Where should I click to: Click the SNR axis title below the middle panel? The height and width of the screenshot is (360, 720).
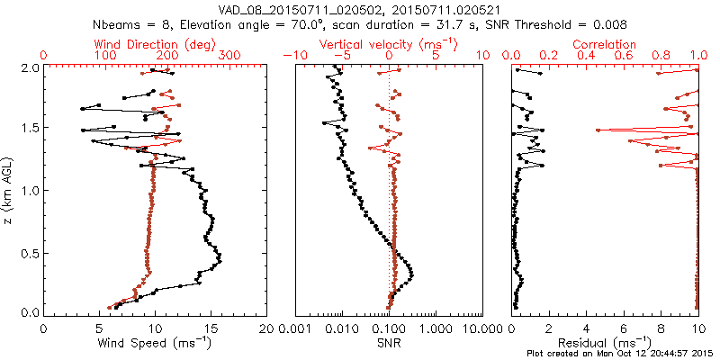pos(389,342)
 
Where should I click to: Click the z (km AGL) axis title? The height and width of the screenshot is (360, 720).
pos(9,190)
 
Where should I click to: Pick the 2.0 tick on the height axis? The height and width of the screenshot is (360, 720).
pos(26,67)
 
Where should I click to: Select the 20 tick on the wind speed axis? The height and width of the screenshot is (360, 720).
pos(266,328)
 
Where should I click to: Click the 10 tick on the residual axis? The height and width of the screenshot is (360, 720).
pos(697,328)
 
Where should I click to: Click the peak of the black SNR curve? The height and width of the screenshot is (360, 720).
pos(412,274)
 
